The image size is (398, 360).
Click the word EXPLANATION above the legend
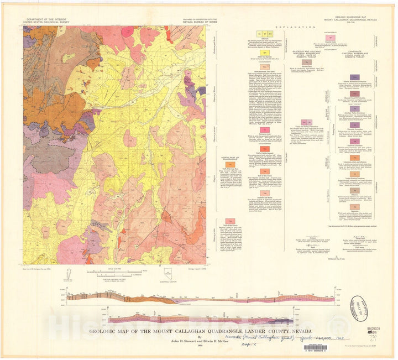click(x=298, y=26)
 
